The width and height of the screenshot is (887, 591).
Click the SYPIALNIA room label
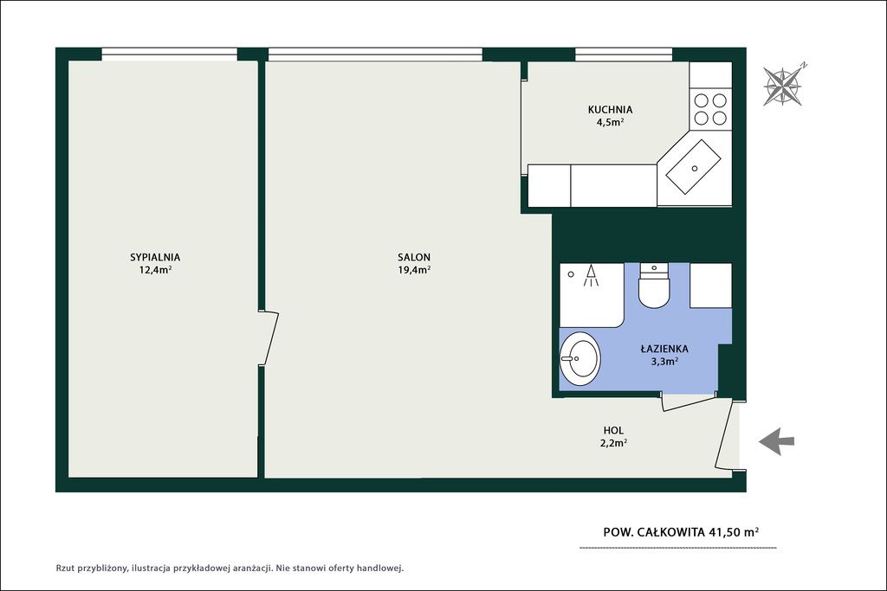(155, 257)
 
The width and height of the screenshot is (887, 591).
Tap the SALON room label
(414, 257)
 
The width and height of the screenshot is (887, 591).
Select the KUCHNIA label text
(611, 110)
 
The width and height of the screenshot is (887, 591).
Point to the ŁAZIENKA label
(664, 349)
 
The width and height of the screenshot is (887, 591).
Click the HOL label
(614, 431)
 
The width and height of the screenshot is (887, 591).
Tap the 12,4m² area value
(156, 269)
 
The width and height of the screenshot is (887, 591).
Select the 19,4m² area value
(414, 269)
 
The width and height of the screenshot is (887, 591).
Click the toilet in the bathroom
(655, 286)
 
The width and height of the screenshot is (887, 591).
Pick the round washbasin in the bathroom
(579, 357)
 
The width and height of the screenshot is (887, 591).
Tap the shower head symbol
(591, 275)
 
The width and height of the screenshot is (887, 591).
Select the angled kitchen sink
(693, 167)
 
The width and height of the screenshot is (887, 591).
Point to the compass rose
(783, 85)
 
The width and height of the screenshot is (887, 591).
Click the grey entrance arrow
(777, 441)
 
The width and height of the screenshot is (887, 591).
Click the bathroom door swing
(689, 401)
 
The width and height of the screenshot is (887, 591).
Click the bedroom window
(169, 55)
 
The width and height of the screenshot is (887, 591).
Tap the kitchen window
(624, 55)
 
